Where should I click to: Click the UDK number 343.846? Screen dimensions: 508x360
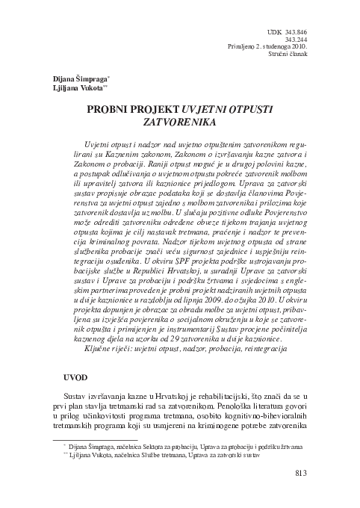295,32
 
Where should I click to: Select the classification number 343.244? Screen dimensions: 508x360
295,40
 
